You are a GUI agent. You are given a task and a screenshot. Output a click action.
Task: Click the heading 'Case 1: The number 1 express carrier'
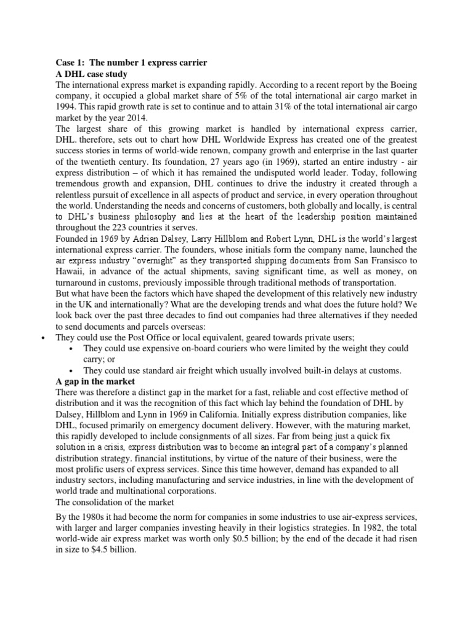127,62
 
